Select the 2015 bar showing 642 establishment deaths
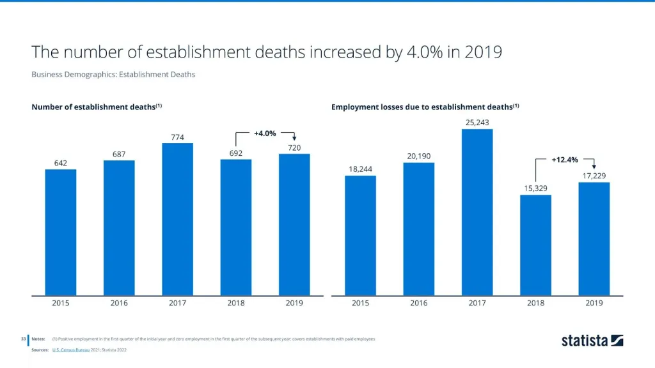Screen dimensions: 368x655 61,233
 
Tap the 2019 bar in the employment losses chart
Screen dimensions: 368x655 594,239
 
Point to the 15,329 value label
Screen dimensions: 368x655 535,188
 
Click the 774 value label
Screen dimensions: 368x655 177,137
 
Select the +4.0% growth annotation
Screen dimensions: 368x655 265,134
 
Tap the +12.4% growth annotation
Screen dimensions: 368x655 565,159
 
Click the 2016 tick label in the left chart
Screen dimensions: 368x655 119,303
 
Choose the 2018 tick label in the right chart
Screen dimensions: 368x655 535,303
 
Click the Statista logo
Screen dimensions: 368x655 592,341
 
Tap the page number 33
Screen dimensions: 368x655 22,339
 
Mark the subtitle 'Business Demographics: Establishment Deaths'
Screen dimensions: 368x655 113,74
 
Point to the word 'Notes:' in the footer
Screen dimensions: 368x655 38,339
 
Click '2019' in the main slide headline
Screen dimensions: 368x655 483,52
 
